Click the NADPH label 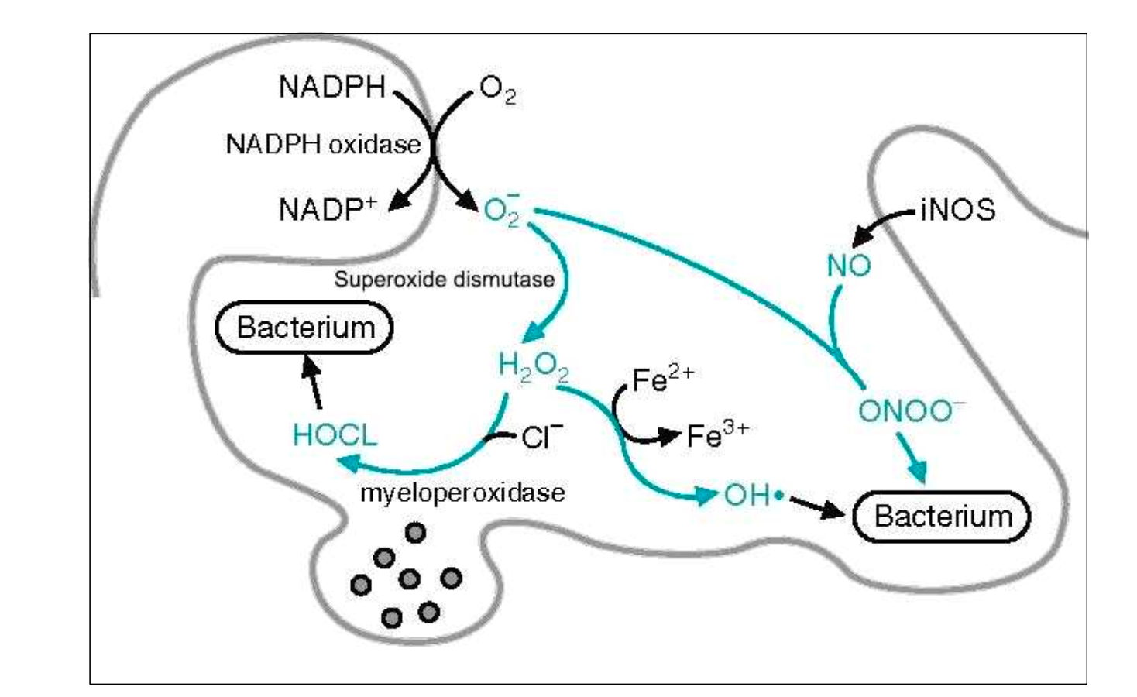[331, 87]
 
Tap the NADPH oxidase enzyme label [323, 144]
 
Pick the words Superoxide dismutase [444, 279]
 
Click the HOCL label [335, 435]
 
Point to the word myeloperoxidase [462, 493]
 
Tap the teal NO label [849, 266]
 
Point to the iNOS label [957, 210]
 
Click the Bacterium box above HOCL [304, 328]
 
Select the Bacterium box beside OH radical [942, 516]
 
